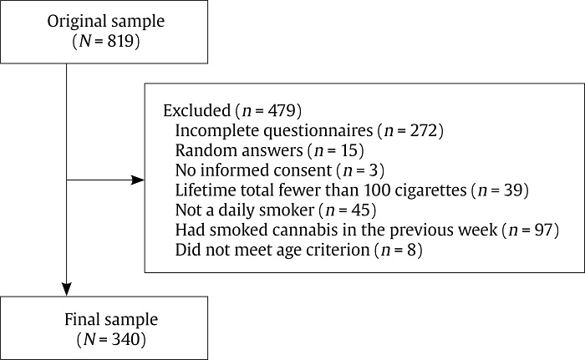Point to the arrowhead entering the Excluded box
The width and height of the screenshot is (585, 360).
(x=138, y=180)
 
